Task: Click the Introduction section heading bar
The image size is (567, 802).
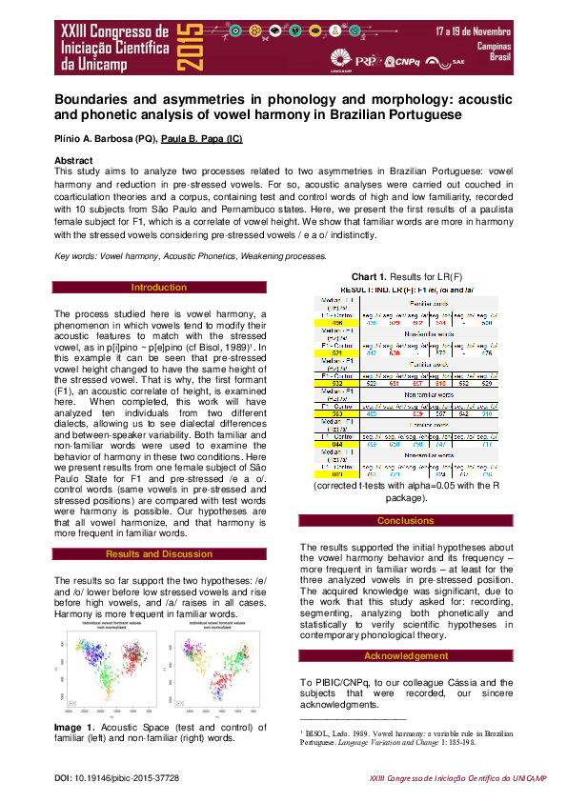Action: tap(159, 287)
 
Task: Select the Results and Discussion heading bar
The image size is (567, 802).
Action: tap(159, 553)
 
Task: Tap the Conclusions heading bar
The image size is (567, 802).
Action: tap(405, 521)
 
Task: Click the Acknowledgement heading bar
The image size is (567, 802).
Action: tap(405, 656)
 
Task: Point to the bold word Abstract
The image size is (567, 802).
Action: tap(73, 160)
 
